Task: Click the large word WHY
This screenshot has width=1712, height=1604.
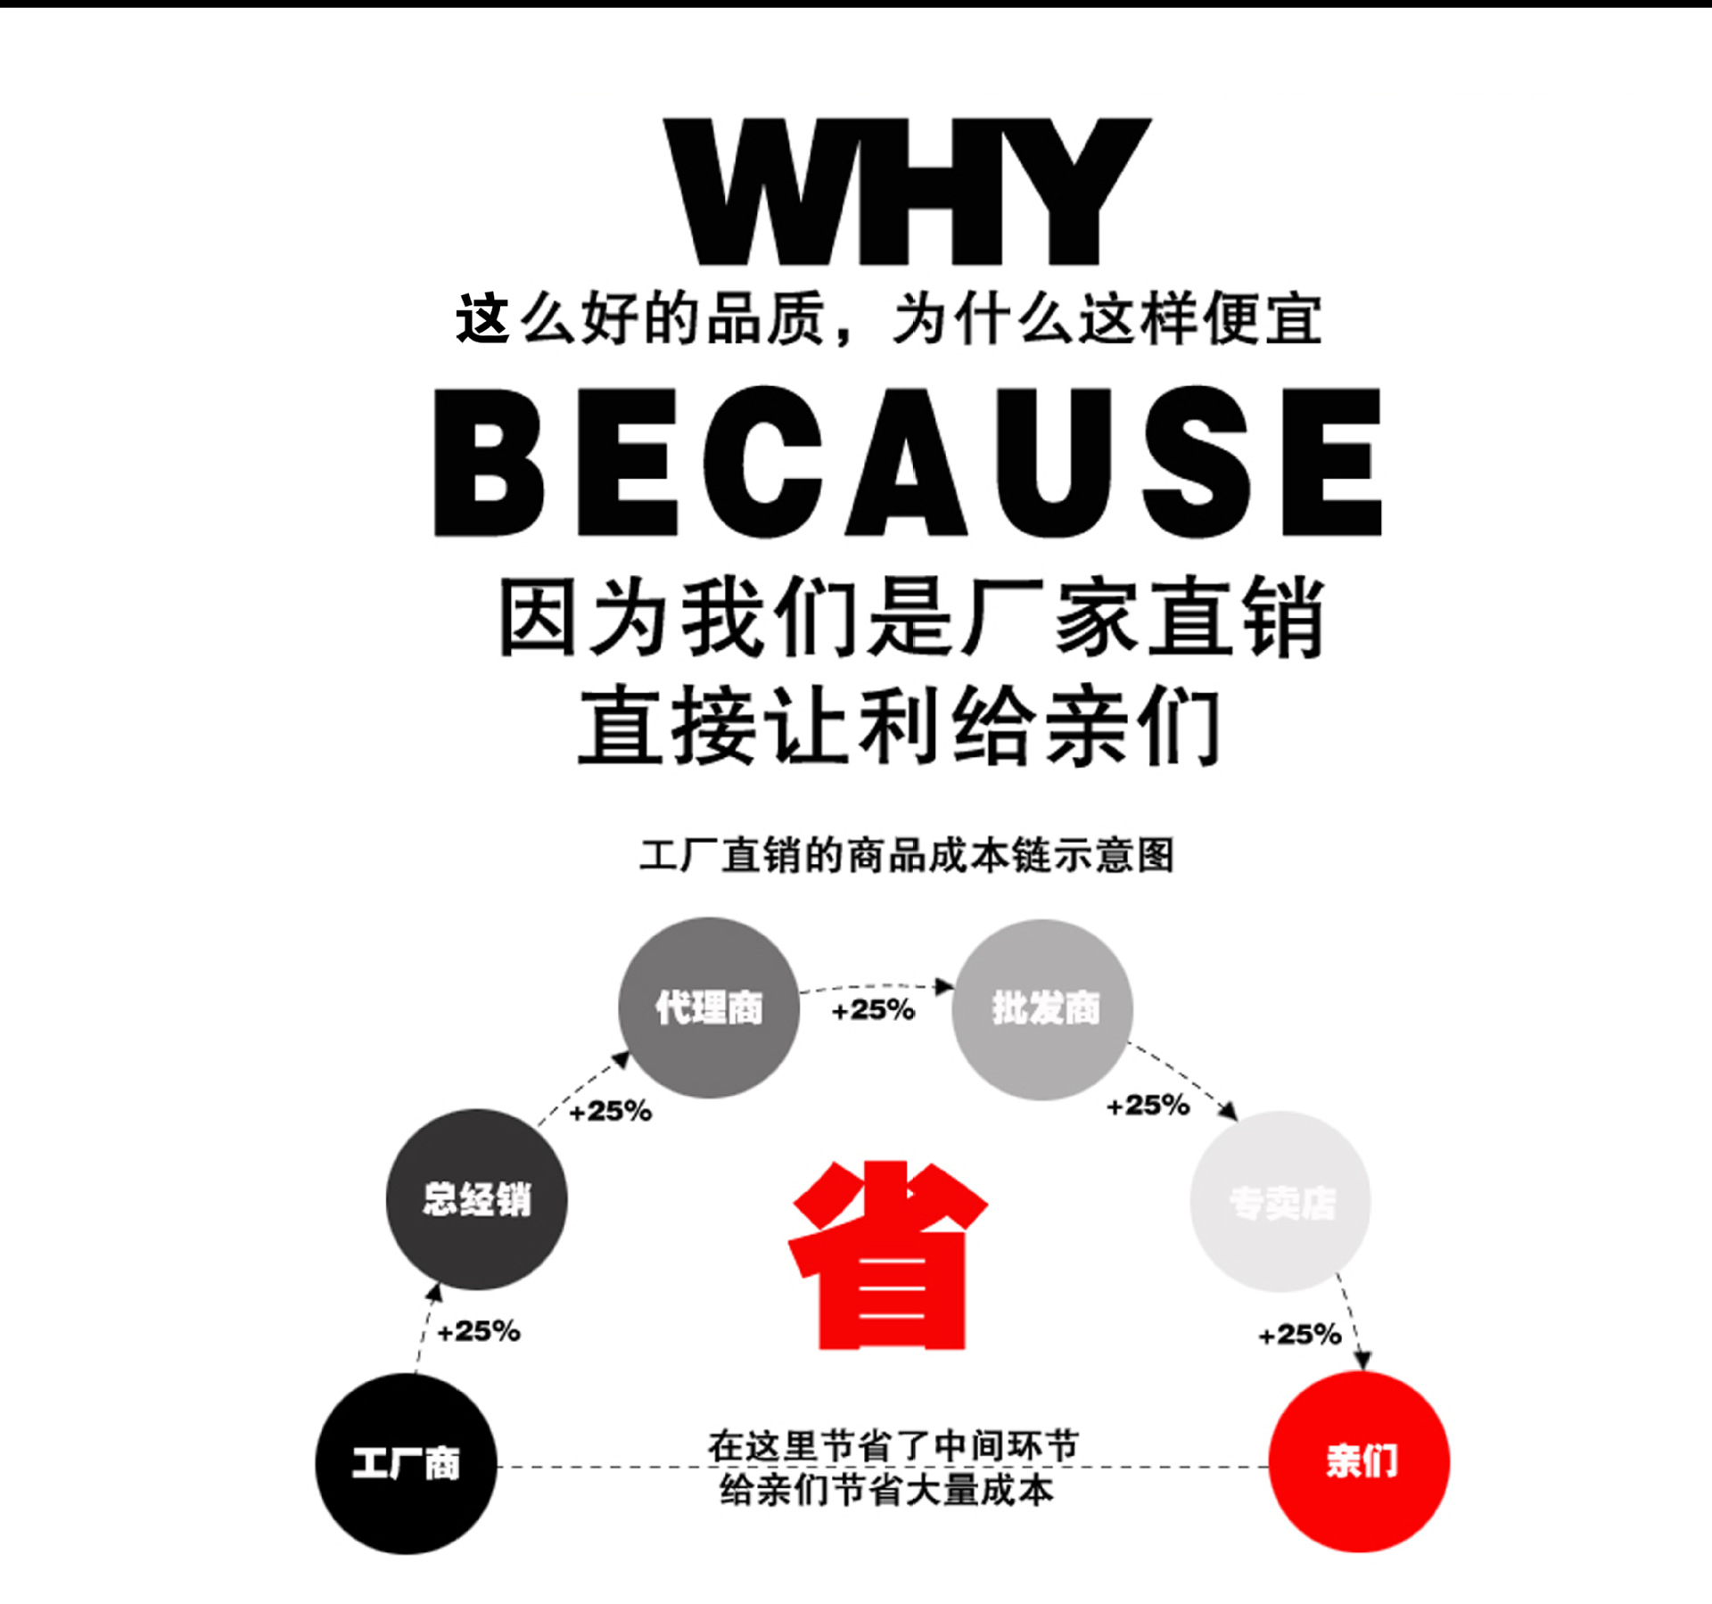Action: pos(907,191)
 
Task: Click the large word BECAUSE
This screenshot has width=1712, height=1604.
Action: pos(907,462)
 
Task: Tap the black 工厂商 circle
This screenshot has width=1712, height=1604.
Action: pos(406,1463)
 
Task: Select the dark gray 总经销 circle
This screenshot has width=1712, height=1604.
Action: pos(476,1199)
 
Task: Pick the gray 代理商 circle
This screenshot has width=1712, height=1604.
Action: pos(709,1008)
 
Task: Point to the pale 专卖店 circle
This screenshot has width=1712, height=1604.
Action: pos(1280,1201)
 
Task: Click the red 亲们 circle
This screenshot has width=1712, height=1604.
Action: pos(1359,1461)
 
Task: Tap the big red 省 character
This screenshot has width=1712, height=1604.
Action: pos(889,1255)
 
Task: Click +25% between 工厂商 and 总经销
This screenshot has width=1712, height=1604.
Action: pos(479,1331)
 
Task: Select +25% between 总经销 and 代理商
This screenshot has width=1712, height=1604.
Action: pos(611,1111)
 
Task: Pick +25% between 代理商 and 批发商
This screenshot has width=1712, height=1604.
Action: pos(873,1010)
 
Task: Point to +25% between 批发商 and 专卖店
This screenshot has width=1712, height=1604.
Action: pos(1148,1106)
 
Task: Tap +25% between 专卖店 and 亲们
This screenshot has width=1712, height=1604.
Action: pos(1299,1335)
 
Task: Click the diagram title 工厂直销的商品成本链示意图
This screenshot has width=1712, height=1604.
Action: pos(907,855)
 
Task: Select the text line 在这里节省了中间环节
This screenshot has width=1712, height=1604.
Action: pos(893,1445)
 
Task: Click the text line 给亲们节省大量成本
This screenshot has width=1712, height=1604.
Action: pos(887,1490)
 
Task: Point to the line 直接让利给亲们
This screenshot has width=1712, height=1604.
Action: pos(901,726)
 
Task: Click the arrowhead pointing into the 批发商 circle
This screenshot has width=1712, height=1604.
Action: pos(944,986)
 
